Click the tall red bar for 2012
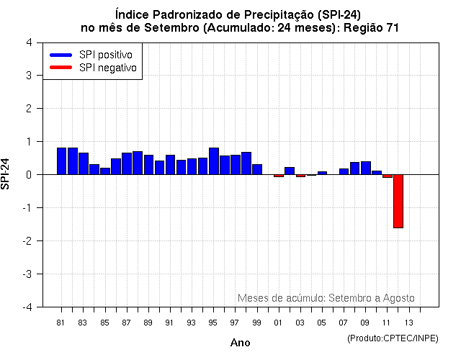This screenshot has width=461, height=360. coord(398,201)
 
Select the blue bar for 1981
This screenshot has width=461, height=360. coord(61,161)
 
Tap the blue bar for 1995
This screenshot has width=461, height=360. coord(213,161)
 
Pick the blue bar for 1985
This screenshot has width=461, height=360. coord(105,171)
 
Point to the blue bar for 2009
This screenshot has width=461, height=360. coord(365,168)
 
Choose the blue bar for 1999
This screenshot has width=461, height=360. coord(257,169)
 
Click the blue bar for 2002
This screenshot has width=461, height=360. coord(290,171)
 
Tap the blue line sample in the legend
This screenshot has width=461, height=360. coord(61,55)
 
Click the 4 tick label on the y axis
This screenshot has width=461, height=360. coord(28,42)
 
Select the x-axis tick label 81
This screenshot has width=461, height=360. coord(61,322)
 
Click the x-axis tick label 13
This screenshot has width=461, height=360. coord(408,322)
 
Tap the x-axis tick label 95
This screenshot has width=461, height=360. coord(213,322)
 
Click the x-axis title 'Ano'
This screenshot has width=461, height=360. coord(240,343)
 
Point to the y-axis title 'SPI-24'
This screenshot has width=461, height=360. coord(6,174)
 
